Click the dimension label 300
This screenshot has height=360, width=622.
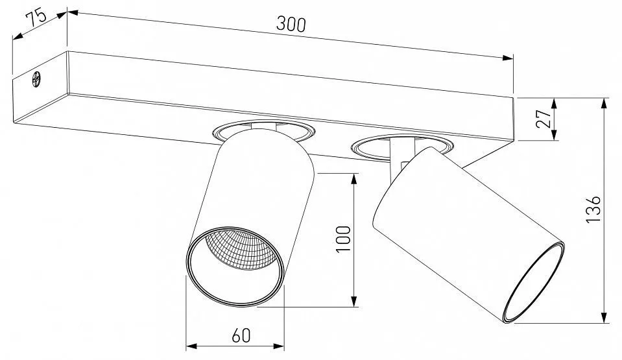[x=291, y=24]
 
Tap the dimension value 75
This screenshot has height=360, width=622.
[x=36, y=19]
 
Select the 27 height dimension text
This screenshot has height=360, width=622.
[x=544, y=118]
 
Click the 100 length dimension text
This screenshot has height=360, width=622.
[x=344, y=239]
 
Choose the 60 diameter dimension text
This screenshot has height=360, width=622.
[x=241, y=336]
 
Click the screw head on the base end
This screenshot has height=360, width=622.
[x=36, y=78]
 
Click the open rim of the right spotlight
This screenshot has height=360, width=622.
[x=534, y=283]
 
